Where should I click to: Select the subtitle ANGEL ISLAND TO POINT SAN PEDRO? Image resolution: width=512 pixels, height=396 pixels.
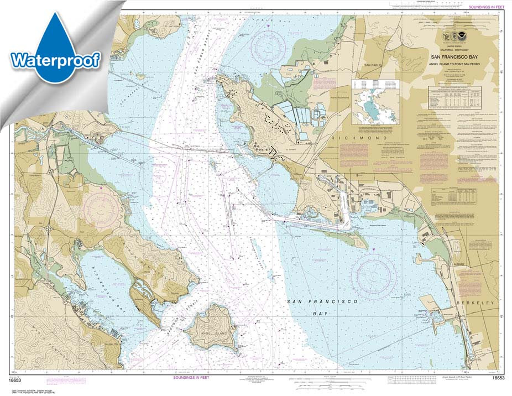pos(457,61)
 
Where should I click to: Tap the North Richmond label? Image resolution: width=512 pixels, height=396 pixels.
pos(341,98)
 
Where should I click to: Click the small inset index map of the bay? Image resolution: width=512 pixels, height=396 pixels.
pos(376,101)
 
